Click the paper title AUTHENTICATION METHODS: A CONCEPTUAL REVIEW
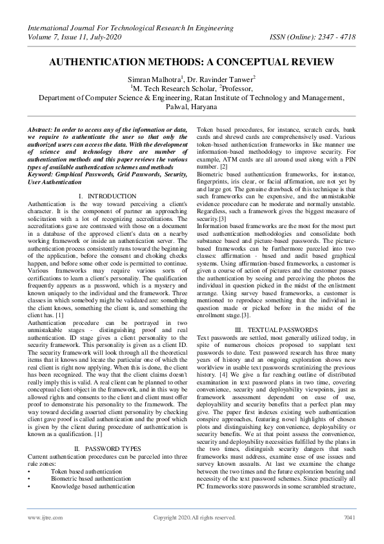[191, 62]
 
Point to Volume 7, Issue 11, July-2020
[77, 37]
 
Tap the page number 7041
[349, 518]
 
